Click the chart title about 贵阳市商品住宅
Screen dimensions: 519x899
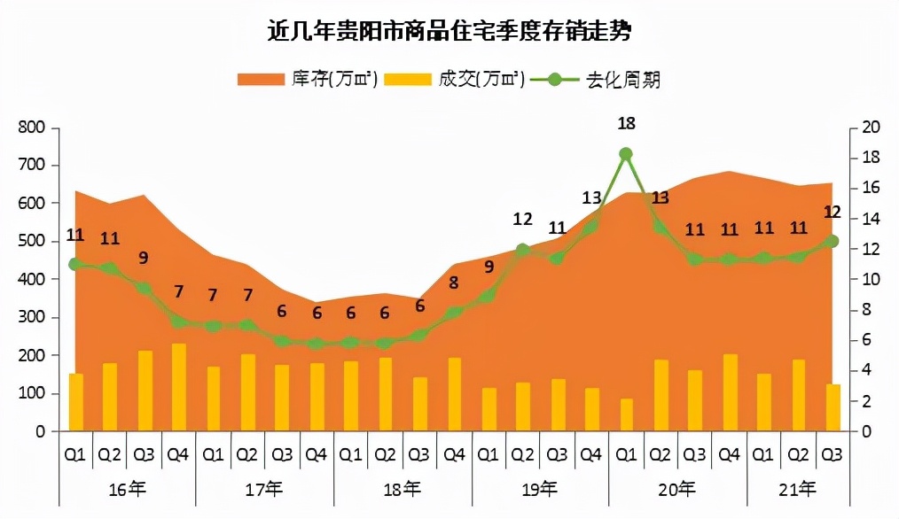(449, 32)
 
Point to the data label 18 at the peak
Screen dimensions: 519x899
(626, 123)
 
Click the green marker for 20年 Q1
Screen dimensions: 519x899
(626, 154)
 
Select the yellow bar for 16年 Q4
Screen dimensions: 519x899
(178, 387)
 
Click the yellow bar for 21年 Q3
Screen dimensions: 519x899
(833, 407)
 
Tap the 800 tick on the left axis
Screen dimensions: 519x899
(31, 128)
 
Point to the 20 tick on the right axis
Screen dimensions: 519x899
(870, 128)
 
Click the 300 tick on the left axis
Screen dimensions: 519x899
(31, 317)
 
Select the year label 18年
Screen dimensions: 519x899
(403, 488)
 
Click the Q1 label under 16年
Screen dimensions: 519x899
(75, 454)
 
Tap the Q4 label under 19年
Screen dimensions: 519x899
(591, 454)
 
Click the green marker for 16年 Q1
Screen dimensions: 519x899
(75, 264)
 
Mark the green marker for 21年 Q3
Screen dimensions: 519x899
(833, 241)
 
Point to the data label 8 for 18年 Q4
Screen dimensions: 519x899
(454, 283)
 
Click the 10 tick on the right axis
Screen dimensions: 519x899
(870, 279)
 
